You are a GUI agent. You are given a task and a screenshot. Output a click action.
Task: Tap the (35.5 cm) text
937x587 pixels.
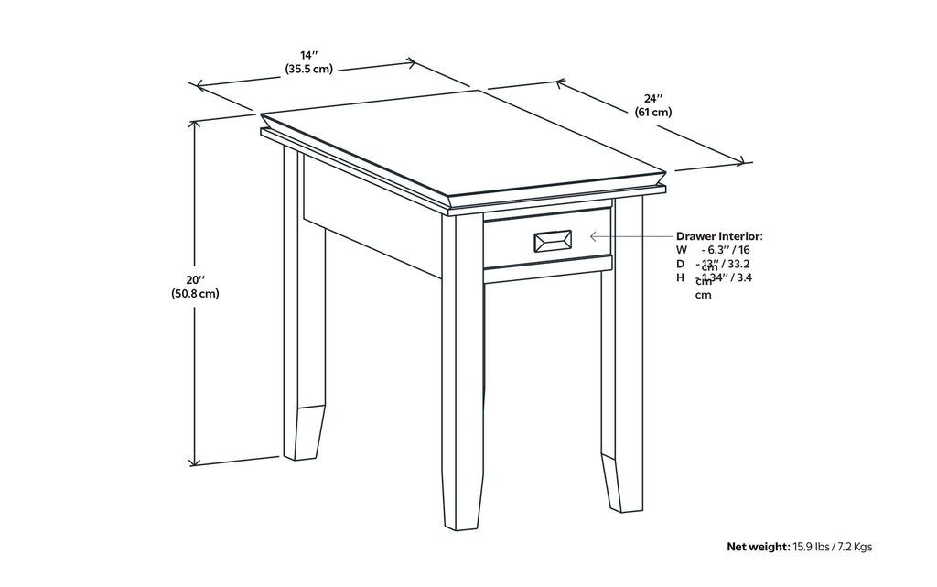307,69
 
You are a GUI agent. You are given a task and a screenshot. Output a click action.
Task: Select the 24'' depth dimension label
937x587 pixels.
652,98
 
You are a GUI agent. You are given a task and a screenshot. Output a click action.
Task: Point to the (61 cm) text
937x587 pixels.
652,112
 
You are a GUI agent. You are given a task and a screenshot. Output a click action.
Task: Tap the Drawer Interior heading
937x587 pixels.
718,235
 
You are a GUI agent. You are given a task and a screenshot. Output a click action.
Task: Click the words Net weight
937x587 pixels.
757,547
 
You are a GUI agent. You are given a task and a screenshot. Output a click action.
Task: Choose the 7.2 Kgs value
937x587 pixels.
856,547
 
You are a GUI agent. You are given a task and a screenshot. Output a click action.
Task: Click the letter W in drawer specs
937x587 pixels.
681,249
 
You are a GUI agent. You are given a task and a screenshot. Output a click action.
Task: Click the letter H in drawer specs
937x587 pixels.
680,277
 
